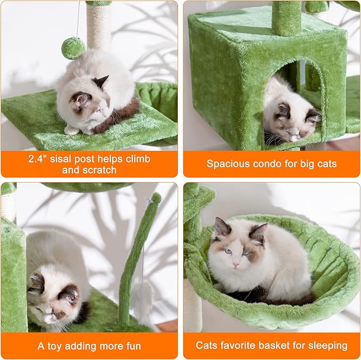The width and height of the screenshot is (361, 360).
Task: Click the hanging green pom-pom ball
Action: click(x=73, y=48)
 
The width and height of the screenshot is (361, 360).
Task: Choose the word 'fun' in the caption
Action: click(x=130, y=346)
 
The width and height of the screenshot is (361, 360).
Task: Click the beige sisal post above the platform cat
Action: click(x=98, y=27)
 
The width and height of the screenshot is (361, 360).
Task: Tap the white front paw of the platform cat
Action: click(x=72, y=130)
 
